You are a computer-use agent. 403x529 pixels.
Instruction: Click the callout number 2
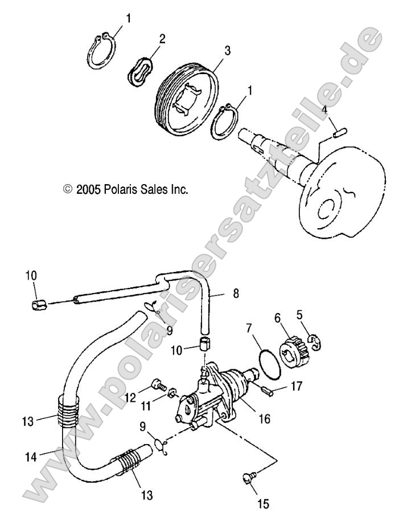coord(162,39)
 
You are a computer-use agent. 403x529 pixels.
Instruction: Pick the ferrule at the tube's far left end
coord(37,302)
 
